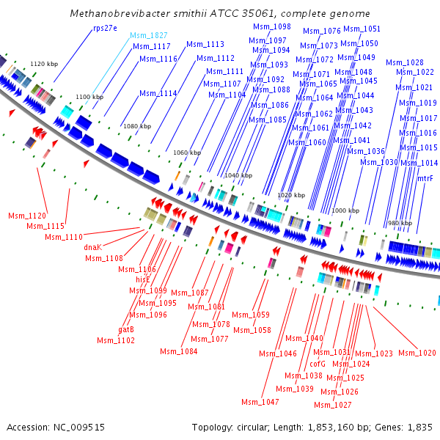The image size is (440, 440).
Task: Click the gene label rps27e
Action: coord(105,29)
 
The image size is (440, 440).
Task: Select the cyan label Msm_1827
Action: coord(149,35)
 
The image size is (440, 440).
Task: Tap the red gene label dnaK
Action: coord(93,247)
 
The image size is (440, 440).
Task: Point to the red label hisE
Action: coord(143,280)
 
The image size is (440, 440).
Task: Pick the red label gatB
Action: coord(126,329)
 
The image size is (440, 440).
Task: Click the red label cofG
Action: coord(318,364)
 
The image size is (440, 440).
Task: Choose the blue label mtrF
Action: coord(425,178)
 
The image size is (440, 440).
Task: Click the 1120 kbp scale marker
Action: coord(44,64)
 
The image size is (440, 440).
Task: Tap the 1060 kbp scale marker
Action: coord(187,153)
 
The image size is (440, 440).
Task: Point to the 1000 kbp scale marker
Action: coord(345,210)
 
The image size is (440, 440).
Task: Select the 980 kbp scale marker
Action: coord(400,223)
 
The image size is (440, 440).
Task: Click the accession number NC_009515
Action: coord(79,428)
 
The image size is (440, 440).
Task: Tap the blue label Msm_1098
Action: coord(272,26)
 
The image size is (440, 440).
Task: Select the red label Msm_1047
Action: coord(260,402)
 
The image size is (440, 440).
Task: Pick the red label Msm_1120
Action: coord(27,216)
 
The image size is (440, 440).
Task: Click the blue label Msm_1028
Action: coord(405,62)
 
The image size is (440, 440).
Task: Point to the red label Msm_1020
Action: coord(417,353)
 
